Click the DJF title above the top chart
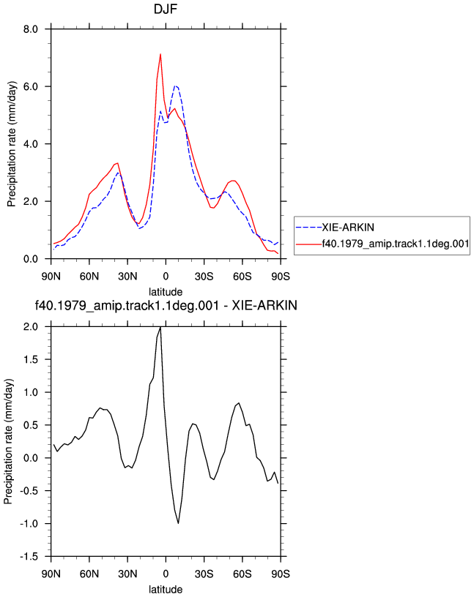[x=166, y=9]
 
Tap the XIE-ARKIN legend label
[x=348, y=228]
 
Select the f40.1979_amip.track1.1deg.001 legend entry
[x=396, y=244]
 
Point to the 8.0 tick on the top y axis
[x=31, y=29]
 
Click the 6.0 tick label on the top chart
[x=31, y=87]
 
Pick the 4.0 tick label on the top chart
[x=31, y=144]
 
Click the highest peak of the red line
[x=160, y=54]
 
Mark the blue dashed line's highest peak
[x=175, y=86]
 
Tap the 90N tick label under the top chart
[x=51, y=277]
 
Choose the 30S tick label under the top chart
[x=204, y=277]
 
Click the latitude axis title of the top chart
[x=166, y=292]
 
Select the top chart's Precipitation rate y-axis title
[x=12, y=144]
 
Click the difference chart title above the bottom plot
[x=166, y=306]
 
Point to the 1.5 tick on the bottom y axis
[x=31, y=360]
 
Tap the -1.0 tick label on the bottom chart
[x=29, y=525]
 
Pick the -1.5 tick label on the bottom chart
[x=29, y=557]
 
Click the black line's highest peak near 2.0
[x=160, y=327]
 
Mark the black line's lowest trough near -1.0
[x=178, y=524]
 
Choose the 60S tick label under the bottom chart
[x=242, y=574]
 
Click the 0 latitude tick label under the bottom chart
[x=166, y=574]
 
